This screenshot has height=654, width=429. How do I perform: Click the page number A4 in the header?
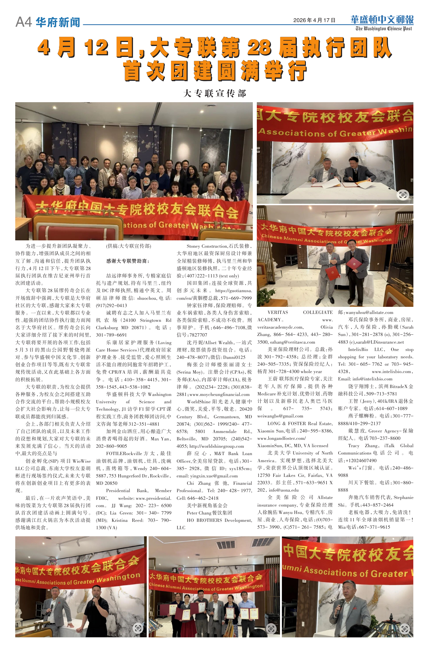click(x=24, y=22)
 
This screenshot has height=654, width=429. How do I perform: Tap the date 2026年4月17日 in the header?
click(x=314, y=20)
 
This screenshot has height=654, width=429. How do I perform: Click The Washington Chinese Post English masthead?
click(x=384, y=29)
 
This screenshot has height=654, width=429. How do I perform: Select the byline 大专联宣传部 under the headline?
click(x=215, y=93)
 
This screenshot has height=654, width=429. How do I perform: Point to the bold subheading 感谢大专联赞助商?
click(x=128, y=261)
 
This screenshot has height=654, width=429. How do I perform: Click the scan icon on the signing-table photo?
click(x=403, y=195)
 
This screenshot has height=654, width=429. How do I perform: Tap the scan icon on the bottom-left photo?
click(x=138, y=628)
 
